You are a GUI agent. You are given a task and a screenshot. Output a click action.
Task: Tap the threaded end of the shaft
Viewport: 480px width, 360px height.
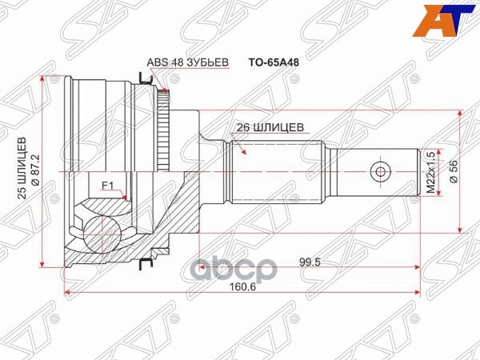tap(400, 170)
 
